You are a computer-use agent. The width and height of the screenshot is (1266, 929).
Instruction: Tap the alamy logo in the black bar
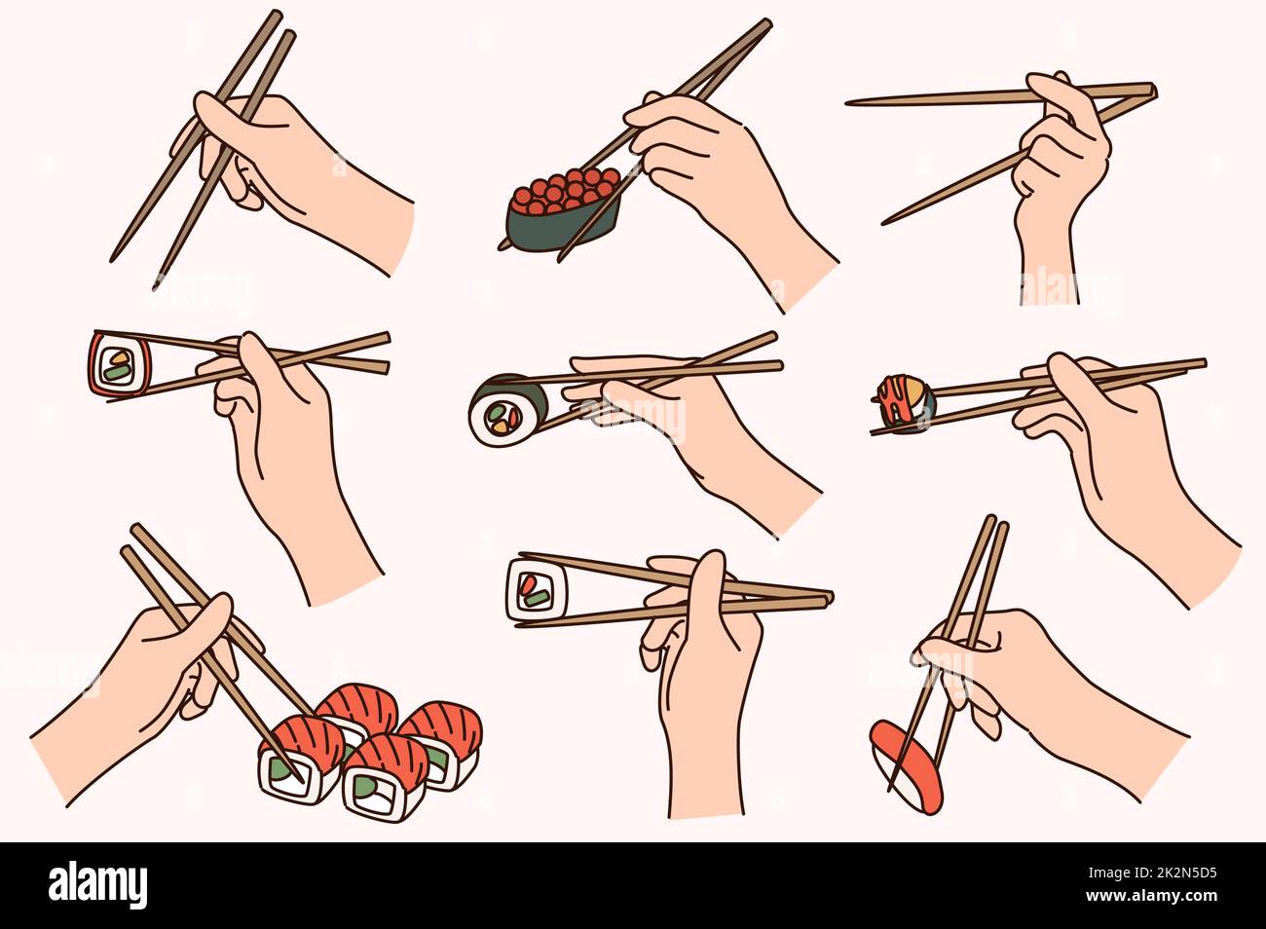tap(97, 885)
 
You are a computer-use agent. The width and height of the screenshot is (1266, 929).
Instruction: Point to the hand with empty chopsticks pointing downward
tap(292, 175)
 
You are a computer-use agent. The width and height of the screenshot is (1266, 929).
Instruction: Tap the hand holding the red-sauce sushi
tap(1120, 458)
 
